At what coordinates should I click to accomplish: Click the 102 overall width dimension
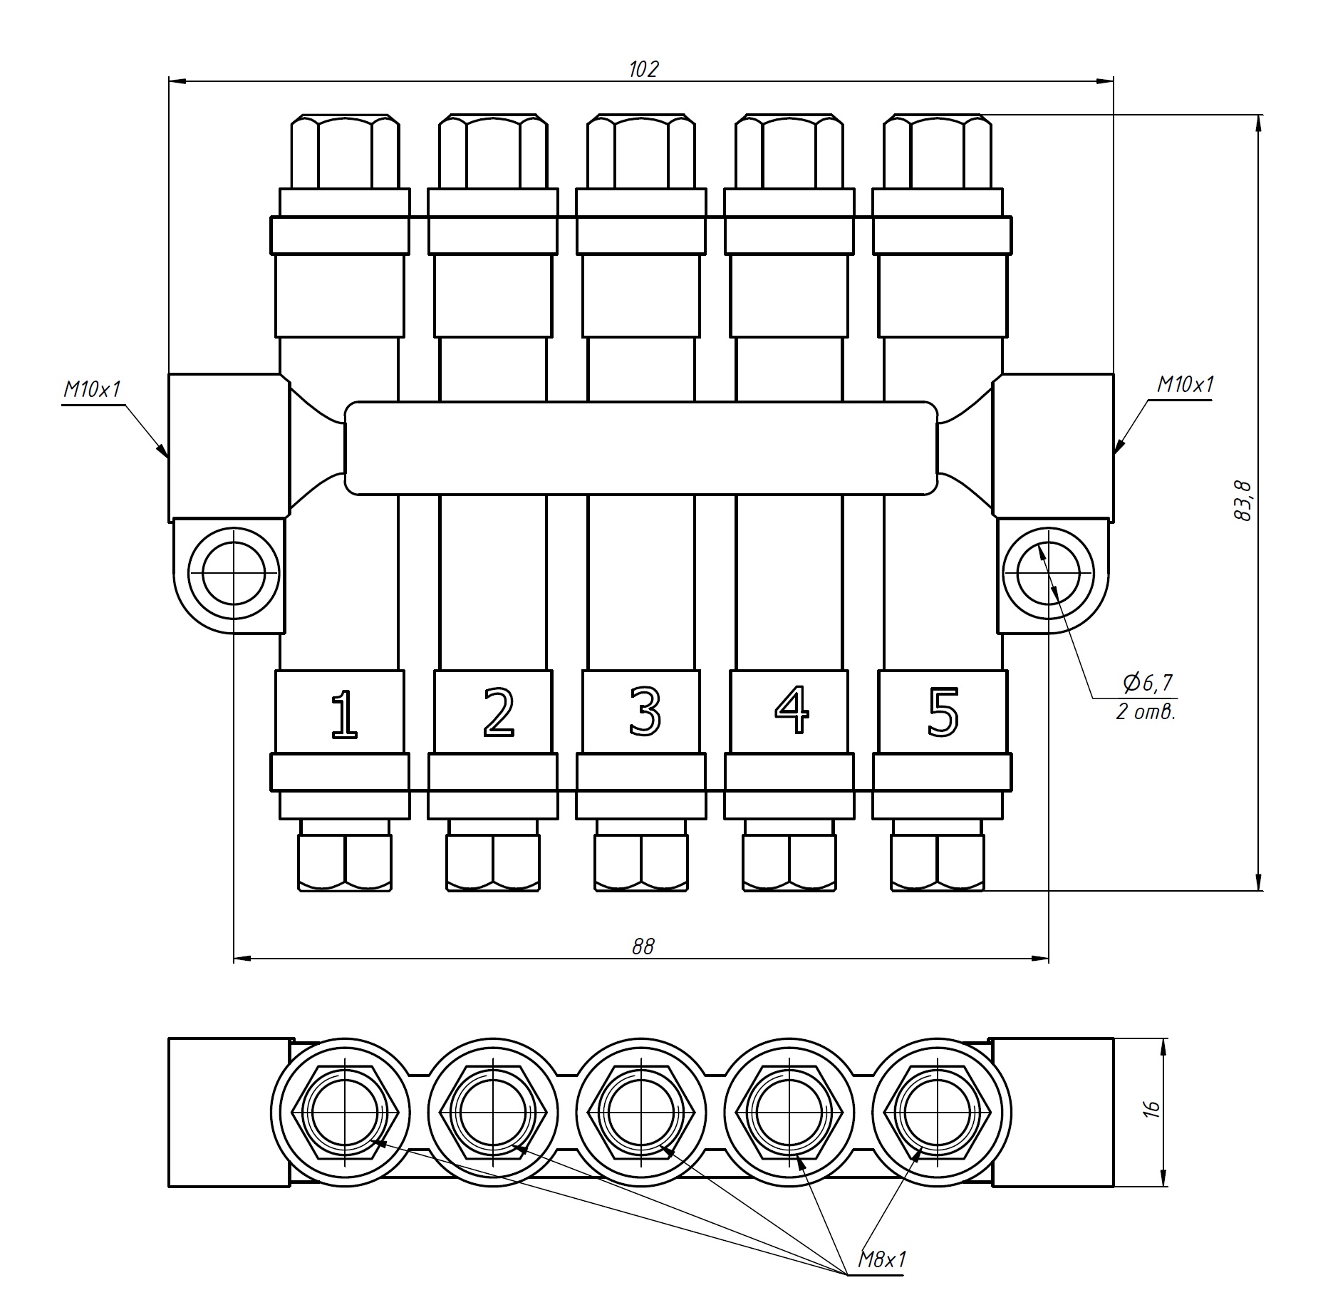click(x=643, y=69)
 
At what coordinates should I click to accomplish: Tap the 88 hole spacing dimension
click(x=643, y=946)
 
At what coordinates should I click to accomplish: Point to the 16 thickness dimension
click(x=1152, y=1109)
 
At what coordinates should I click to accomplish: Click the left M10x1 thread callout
click(x=93, y=389)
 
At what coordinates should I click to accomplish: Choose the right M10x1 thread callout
click(x=1185, y=385)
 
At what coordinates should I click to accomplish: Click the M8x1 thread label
click(x=882, y=1259)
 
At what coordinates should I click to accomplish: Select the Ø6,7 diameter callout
click(x=1147, y=683)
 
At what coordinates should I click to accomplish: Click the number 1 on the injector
click(x=344, y=714)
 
